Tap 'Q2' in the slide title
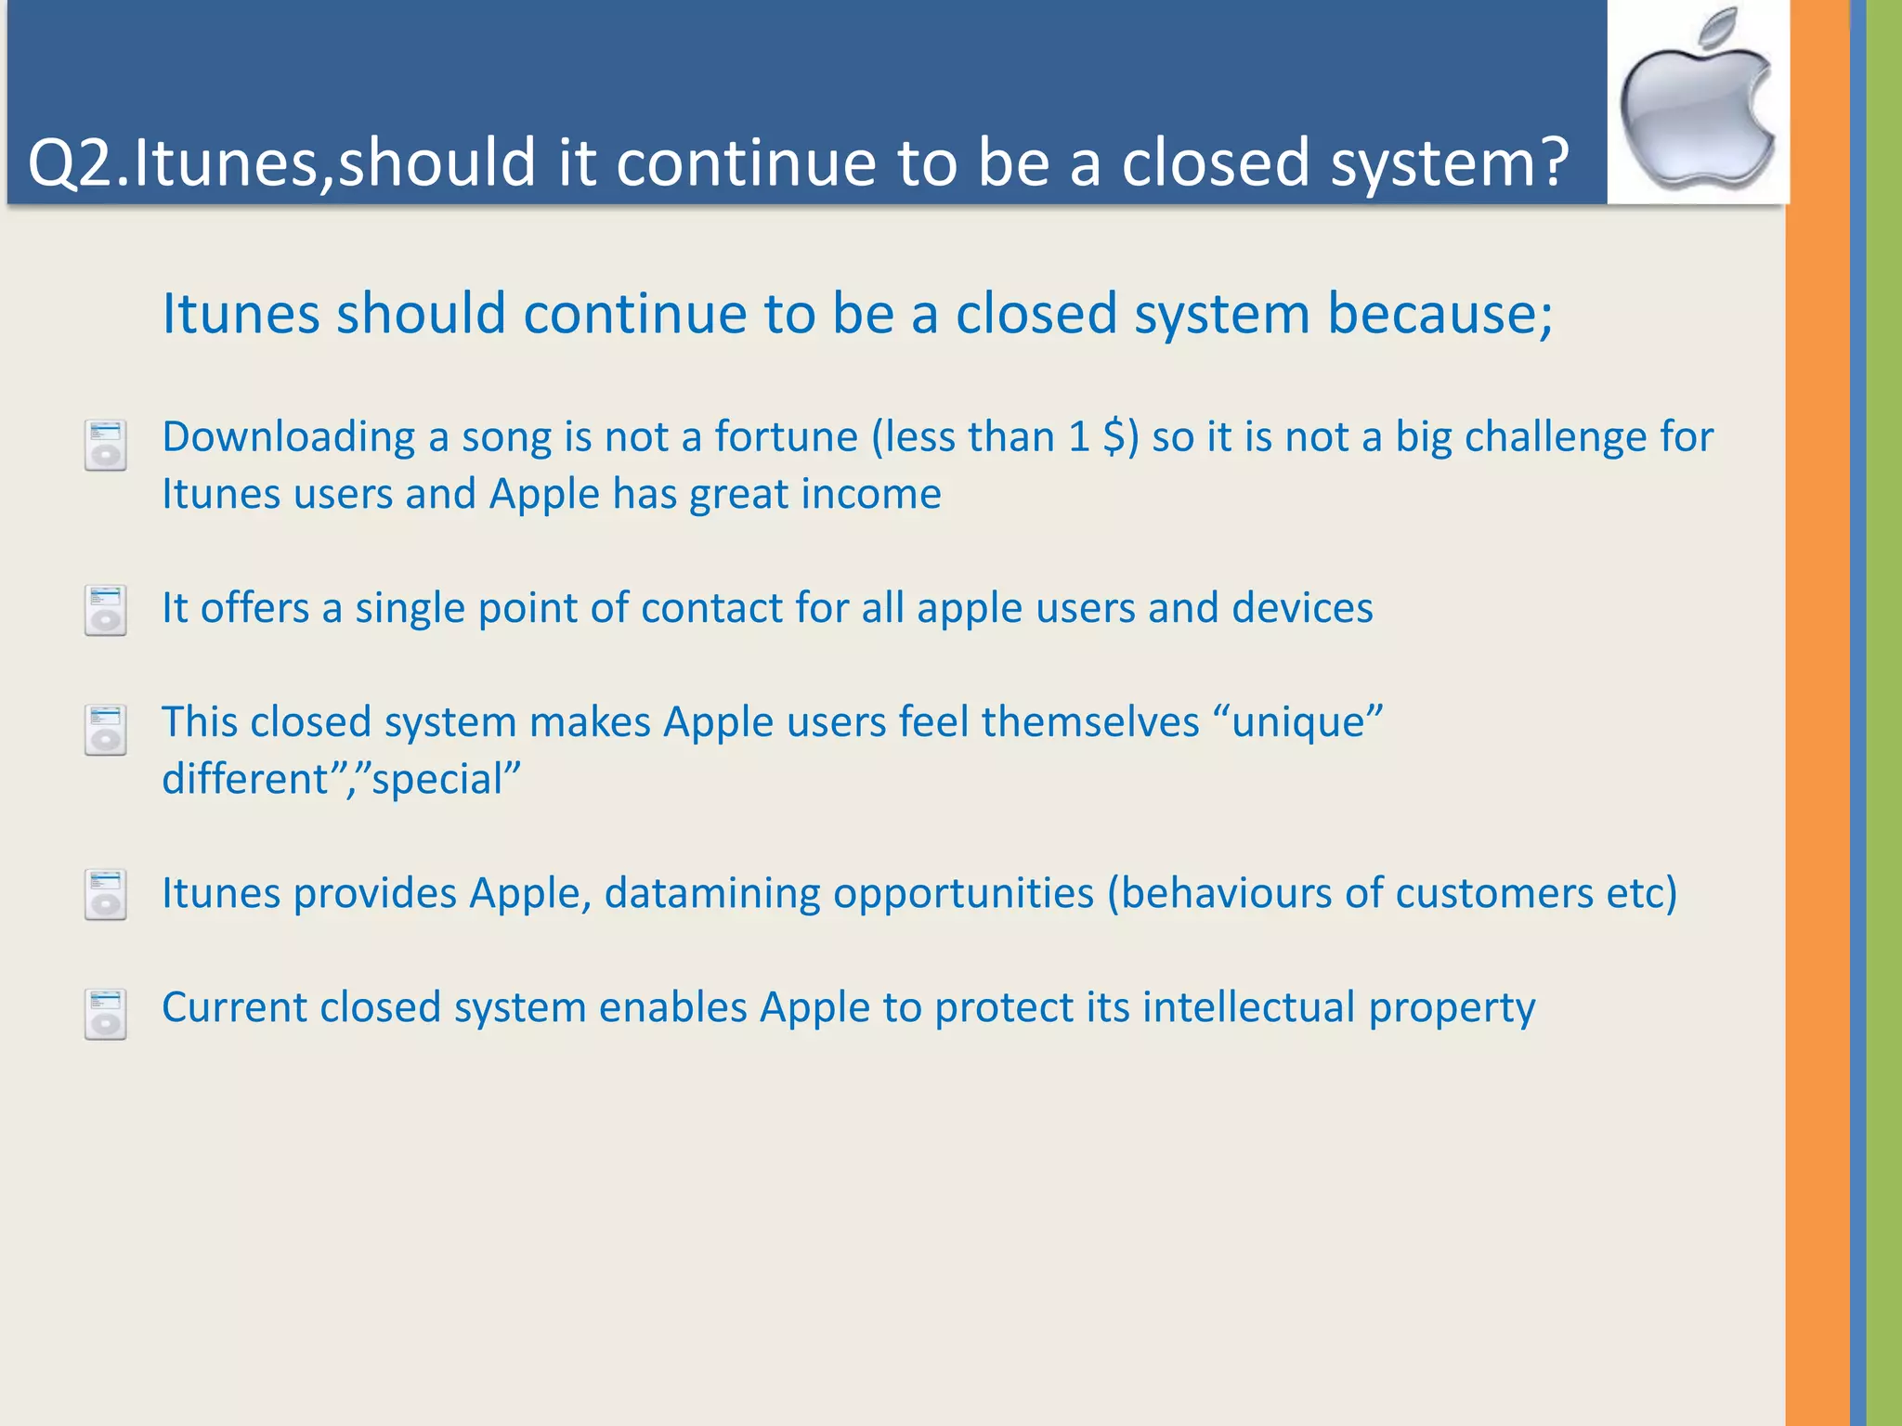71,163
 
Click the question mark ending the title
1546,162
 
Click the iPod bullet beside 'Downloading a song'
105,446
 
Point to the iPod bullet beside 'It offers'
105,610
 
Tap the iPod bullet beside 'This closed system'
105,730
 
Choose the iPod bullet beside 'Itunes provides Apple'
105,895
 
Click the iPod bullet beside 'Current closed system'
105,1014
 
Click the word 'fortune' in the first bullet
786,437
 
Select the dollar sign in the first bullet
1114,437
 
